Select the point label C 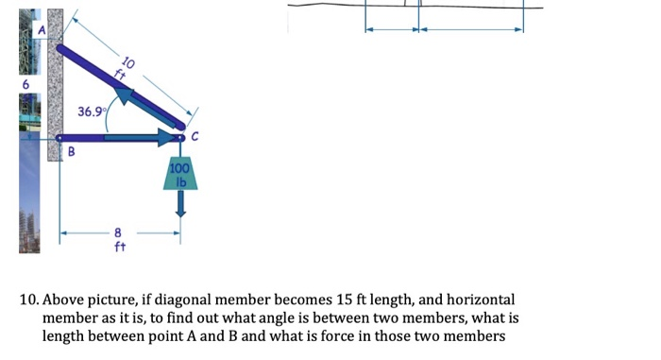(195, 138)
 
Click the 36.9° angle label (92, 111)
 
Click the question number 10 (28, 299)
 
